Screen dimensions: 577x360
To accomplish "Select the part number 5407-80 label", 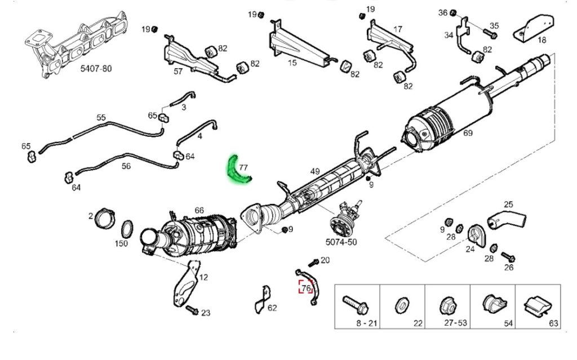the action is point(96,69).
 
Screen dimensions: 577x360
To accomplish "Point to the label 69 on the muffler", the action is point(468,133).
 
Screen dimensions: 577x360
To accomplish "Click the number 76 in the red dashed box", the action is point(306,287).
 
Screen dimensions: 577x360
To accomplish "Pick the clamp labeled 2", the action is point(105,218).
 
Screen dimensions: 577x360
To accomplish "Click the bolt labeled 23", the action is point(192,310).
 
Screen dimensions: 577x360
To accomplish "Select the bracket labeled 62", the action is point(261,299).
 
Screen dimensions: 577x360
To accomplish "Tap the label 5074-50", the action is point(341,242).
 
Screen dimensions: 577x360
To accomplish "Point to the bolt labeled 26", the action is point(508,256).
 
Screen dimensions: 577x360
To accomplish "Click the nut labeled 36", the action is point(454,13).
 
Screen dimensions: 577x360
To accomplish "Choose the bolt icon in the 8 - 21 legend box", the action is point(356,305).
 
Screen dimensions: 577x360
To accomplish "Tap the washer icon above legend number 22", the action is point(402,305).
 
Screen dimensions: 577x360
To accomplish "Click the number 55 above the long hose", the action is point(101,117).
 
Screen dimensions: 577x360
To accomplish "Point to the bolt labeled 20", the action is point(313,263).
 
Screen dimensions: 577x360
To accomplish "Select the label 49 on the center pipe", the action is point(315,171).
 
